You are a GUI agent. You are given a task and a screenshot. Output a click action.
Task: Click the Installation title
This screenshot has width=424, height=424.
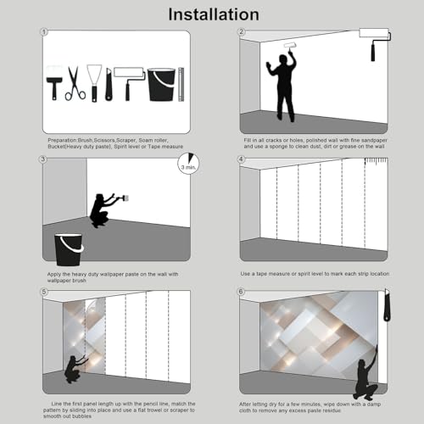click(214, 14)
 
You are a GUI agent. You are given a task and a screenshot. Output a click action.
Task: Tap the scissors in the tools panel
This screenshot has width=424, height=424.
click(75, 84)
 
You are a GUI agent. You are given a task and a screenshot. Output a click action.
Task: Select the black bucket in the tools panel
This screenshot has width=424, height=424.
click(161, 84)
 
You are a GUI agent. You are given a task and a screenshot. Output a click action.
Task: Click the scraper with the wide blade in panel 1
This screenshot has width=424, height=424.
click(94, 83)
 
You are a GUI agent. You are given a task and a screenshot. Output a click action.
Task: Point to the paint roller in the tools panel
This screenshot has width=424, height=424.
click(129, 83)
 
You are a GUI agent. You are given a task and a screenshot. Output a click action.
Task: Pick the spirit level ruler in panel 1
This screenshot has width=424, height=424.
click(181, 84)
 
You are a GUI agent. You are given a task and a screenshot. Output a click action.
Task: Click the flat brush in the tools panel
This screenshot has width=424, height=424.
click(54, 82)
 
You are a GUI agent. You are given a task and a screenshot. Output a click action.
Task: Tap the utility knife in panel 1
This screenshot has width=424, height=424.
click(109, 84)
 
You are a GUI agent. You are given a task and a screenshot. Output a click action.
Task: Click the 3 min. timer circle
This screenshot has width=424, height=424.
click(188, 164)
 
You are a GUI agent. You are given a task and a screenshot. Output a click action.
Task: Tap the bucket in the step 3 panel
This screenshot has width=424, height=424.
click(69, 249)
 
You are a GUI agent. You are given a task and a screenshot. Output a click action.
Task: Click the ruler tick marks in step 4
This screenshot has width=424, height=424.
click(376, 161)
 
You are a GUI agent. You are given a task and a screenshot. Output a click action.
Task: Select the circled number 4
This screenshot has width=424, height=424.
click(241, 159)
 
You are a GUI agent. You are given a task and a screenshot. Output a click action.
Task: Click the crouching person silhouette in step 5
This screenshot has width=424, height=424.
click(74, 369)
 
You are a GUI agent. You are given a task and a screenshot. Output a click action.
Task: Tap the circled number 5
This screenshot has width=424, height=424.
click(44, 292)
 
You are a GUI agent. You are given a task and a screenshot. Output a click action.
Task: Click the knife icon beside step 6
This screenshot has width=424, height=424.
click(387, 304)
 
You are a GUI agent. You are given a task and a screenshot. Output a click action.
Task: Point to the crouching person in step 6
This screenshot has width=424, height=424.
click(365, 373)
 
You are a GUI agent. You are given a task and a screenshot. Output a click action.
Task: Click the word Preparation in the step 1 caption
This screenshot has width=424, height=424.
click(62, 140)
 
